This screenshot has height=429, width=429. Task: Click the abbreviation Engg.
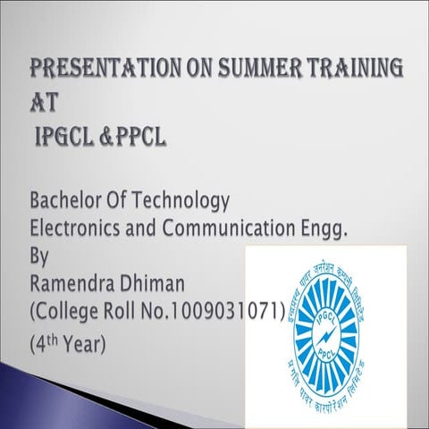pos(323,229)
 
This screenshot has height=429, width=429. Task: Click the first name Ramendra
pos(79,284)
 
